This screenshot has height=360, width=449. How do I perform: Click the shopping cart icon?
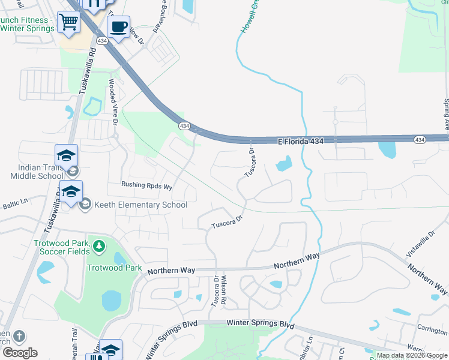pyautogui.click(x=69, y=22)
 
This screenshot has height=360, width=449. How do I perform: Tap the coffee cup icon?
pyautogui.click(x=118, y=27)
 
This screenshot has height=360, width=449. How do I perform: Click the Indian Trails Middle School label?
pyautogui.click(x=36, y=172)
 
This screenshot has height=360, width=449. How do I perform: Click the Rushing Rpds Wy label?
pyautogui.click(x=146, y=186)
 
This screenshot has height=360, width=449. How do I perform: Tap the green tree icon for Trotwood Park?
pyautogui.click(x=98, y=245)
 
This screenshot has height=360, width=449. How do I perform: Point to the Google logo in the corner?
pyautogui.click(x=19, y=353)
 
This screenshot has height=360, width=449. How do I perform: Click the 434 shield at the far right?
pyautogui.click(x=420, y=139)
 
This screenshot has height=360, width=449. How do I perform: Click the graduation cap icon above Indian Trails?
pyautogui.click(x=66, y=156)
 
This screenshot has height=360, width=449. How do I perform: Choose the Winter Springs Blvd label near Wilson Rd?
pyautogui.click(x=261, y=324)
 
